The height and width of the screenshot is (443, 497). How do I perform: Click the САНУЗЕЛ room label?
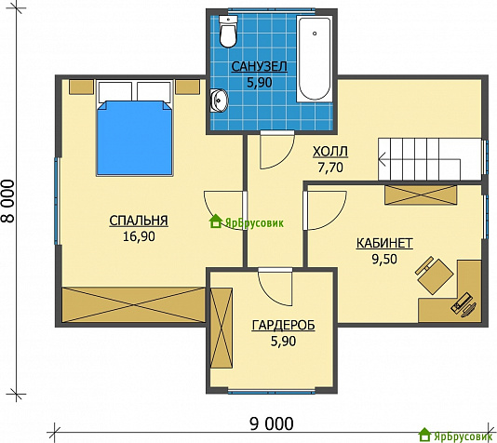click(x=260, y=67)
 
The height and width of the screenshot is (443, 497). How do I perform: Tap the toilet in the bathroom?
click(x=228, y=32)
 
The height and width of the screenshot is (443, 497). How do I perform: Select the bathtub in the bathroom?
click(x=315, y=59)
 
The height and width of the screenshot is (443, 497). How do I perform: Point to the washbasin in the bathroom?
click(x=219, y=101)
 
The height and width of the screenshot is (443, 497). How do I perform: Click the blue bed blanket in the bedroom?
click(x=135, y=138)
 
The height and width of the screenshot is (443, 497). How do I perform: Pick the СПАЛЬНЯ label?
click(x=139, y=221)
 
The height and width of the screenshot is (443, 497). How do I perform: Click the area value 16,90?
click(x=139, y=236)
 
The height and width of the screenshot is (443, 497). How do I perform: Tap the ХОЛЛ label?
click(x=330, y=152)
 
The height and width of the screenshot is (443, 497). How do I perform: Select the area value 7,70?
click(x=330, y=168)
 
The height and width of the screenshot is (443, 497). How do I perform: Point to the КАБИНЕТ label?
click(x=384, y=243)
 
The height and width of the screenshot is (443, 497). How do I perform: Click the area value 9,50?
click(x=384, y=260)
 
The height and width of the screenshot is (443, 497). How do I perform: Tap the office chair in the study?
click(x=435, y=275)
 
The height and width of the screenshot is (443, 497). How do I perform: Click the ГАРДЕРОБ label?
click(x=283, y=326)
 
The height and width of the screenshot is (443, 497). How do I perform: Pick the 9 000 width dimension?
click(x=272, y=424)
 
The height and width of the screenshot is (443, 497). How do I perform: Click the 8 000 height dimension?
click(x=8, y=201)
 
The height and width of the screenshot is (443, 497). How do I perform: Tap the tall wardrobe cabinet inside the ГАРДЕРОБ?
click(x=222, y=328)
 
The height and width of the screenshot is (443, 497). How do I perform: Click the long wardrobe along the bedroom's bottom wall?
click(x=133, y=305)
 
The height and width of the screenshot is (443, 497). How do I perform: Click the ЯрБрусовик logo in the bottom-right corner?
click(x=457, y=436)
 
